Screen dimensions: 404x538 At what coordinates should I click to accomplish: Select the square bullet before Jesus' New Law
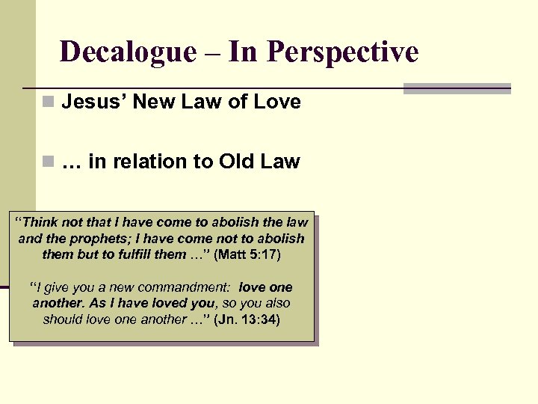(x=49, y=102)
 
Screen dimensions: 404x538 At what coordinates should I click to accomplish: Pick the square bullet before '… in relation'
(x=49, y=162)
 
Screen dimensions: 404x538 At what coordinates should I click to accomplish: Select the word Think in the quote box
(x=46, y=222)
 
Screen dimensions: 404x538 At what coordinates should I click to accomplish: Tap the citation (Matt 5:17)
(x=247, y=254)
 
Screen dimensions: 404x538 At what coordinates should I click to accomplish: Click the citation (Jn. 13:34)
(x=247, y=319)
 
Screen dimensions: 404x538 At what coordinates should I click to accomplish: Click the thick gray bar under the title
(x=457, y=88)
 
